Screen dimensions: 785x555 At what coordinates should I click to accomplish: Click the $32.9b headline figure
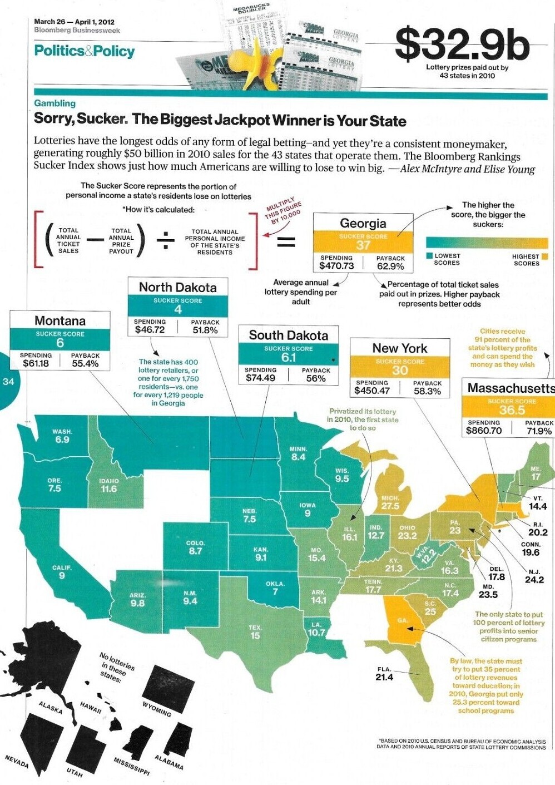tap(462, 45)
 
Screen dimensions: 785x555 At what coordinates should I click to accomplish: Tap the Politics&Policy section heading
tap(85, 51)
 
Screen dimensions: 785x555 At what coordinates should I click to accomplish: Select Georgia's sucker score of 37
tap(363, 245)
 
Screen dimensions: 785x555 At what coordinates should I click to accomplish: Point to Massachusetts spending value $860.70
tap(484, 431)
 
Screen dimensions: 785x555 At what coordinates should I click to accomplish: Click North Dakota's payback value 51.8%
tap(205, 330)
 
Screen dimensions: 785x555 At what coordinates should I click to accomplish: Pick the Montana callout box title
tap(60, 321)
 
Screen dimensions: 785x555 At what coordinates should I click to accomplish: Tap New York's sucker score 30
tap(399, 371)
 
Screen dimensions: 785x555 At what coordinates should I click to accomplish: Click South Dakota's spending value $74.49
tap(260, 378)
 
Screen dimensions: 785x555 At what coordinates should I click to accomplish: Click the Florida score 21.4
tap(384, 677)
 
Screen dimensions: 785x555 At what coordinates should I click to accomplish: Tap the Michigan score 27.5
tap(390, 506)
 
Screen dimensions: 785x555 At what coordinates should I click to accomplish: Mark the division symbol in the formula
tap(165, 241)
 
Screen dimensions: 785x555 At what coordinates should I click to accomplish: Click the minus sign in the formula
tap(96, 240)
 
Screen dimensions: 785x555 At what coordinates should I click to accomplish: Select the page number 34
tap(8, 382)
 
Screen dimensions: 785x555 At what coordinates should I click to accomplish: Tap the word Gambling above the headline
tap(54, 103)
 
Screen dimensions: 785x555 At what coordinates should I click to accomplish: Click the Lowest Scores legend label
tap(447, 259)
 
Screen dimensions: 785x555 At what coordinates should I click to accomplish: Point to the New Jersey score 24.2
tap(534, 579)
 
